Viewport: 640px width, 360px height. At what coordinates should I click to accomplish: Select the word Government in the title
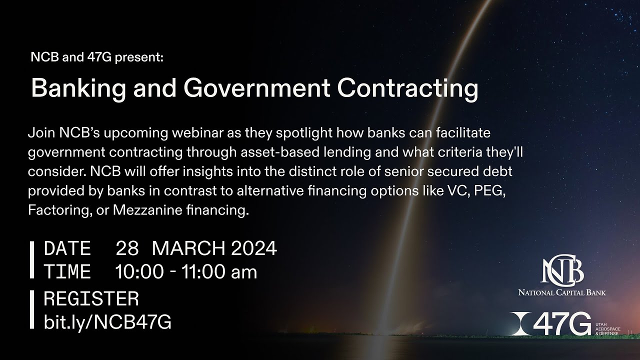256,89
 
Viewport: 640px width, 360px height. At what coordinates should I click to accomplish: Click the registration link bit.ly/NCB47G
107,322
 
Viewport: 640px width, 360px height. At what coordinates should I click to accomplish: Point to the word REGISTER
91,299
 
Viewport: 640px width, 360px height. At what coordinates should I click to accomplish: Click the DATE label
67,248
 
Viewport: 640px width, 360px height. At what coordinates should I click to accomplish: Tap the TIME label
67,272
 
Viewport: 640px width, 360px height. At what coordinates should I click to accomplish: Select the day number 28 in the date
127,248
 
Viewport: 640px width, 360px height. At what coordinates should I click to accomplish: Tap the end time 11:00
201,272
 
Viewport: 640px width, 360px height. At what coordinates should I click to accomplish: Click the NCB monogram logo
562,270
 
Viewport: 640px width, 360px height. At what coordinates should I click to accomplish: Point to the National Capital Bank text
561,292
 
